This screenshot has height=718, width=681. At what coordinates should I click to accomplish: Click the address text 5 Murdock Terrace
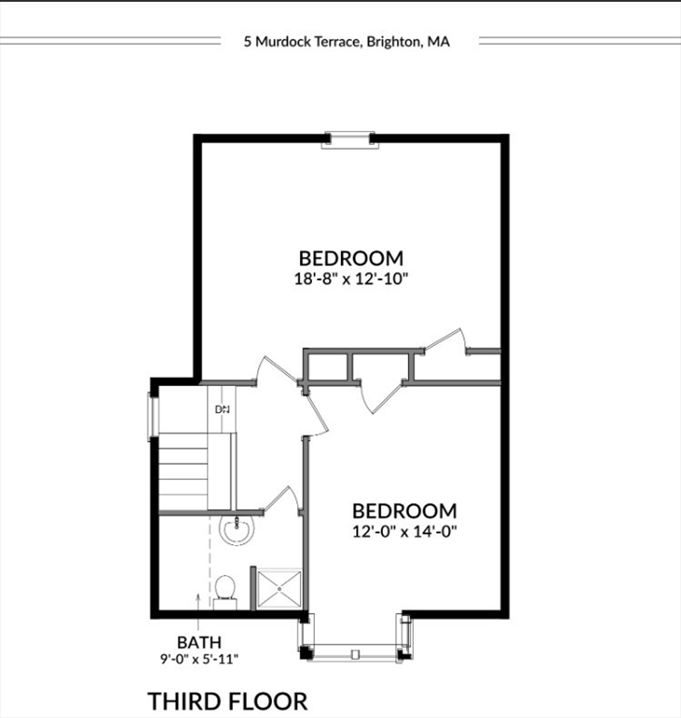coord(301,41)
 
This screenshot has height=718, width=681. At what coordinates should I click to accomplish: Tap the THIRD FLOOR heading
coord(227,700)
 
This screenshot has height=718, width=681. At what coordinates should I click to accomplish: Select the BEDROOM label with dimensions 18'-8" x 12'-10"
coord(350,258)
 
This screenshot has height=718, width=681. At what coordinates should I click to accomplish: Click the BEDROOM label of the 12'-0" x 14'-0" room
coord(404,511)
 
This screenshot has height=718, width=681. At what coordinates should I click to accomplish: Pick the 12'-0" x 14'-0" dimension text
coord(404,531)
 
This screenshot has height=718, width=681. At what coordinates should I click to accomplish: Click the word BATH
coord(199,642)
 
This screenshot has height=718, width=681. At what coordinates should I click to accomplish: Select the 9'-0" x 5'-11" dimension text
coord(199,659)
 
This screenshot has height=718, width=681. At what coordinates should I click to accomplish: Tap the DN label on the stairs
coord(222,409)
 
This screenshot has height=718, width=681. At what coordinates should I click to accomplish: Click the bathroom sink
coord(237,530)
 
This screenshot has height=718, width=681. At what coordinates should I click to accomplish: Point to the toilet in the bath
coord(224,590)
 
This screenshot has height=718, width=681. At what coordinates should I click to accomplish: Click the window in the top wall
coord(348,139)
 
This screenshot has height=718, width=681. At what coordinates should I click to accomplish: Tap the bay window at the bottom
coord(354,651)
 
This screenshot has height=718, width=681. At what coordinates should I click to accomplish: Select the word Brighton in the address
coord(394,41)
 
